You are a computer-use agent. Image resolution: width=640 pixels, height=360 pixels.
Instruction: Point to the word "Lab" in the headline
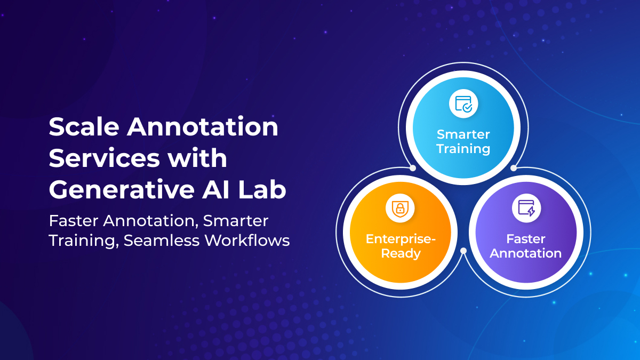(269, 190)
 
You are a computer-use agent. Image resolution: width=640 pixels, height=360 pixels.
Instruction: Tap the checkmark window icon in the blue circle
(463, 103)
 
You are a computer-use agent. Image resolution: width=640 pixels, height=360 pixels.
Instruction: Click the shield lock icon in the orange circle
(400, 208)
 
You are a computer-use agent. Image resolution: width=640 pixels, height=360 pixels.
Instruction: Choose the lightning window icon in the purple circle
(526, 208)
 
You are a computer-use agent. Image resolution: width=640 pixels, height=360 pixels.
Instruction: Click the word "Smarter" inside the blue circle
(463, 134)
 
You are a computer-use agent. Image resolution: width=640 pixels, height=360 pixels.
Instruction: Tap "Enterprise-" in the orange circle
(401, 239)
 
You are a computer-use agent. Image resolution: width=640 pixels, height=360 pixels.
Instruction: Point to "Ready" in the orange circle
(401, 253)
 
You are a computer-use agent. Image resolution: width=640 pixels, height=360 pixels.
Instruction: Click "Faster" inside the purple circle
(526, 239)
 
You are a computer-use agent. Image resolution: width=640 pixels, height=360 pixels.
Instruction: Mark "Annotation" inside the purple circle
(526, 253)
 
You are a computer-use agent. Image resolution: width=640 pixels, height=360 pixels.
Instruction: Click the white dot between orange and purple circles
(463, 250)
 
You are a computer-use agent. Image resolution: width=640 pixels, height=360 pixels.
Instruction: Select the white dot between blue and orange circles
(413, 168)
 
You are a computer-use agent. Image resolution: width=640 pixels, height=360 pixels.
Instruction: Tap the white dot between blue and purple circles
(514, 168)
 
